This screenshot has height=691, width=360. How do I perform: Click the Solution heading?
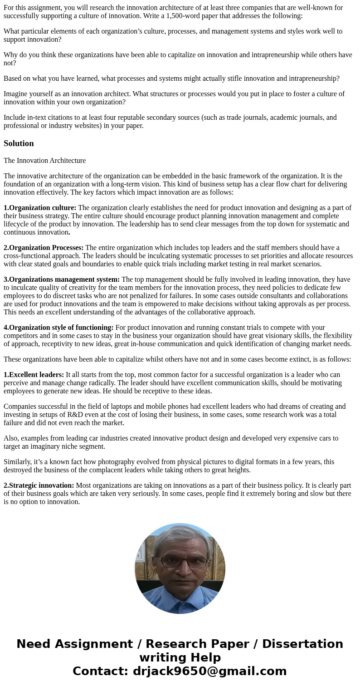click(x=19, y=143)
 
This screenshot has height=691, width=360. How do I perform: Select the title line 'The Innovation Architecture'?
click(x=44, y=161)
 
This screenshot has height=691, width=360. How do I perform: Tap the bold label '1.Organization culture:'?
click(x=40, y=208)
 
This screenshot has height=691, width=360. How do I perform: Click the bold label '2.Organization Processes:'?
click(x=44, y=248)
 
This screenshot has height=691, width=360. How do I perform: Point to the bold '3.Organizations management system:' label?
click(x=62, y=279)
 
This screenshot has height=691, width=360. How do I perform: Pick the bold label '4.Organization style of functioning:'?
click(x=58, y=328)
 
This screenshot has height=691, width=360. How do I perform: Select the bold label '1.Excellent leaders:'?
click(x=34, y=375)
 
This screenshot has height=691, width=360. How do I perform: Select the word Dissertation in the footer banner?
click(x=302, y=644)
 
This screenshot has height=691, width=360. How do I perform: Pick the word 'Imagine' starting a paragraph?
click(x=15, y=94)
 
